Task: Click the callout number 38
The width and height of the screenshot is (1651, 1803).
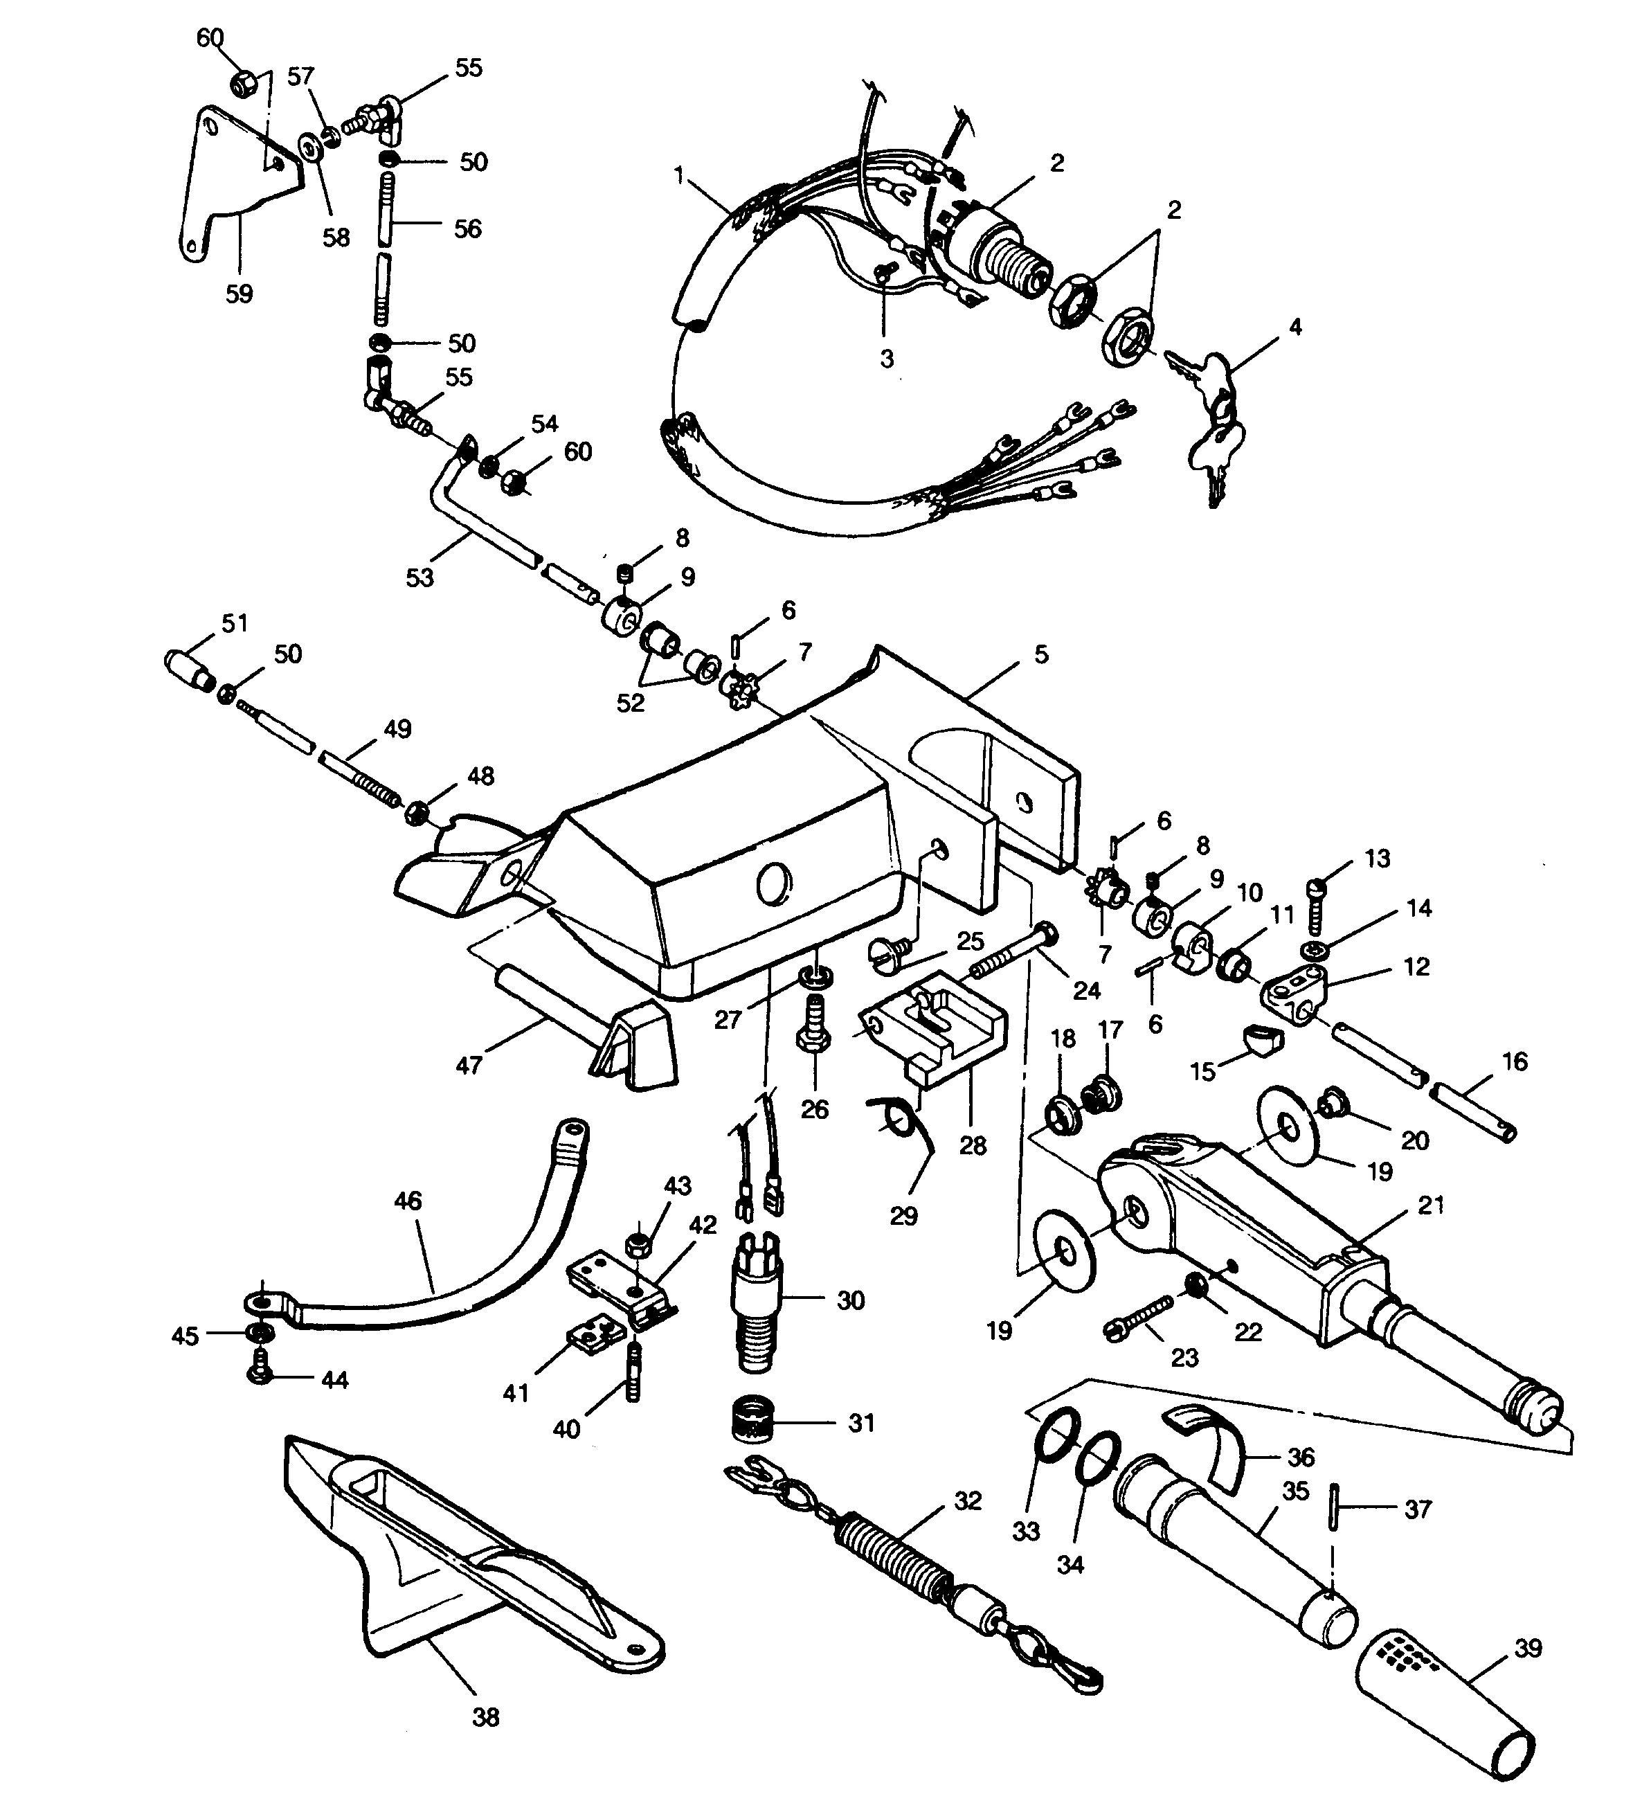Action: coord(486,1717)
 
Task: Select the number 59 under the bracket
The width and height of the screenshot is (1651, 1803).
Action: coord(239,294)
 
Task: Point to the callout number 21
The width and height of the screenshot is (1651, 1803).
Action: coord(1431,1205)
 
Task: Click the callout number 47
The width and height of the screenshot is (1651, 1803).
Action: coord(469,1064)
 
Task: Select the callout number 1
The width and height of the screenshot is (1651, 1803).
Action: coord(680,175)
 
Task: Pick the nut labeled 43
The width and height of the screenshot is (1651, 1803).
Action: coord(638,1242)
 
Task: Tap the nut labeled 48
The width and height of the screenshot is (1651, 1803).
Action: coord(416,813)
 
